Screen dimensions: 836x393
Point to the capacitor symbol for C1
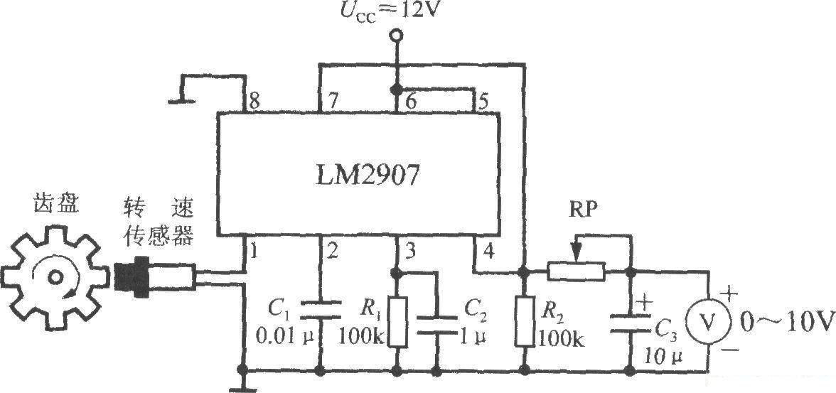(x=321, y=309)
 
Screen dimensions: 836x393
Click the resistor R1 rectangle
(x=398, y=322)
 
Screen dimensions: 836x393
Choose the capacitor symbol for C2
(x=436, y=325)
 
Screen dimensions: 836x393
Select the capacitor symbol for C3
(x=630, y=323)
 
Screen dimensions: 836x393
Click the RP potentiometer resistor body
(x=577, y=271)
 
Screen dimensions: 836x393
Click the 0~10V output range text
(x=786, y=321)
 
